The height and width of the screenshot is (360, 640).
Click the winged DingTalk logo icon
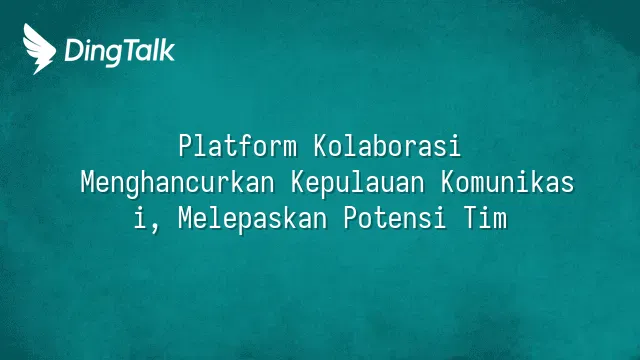[x=39, y=49]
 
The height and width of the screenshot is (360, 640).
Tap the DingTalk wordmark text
[x=120, y=52]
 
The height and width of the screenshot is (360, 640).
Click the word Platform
[x=238, y=146]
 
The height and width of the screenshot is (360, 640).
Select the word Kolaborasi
[x=387, y=146]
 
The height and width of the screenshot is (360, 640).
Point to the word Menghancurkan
[x=178, y=183]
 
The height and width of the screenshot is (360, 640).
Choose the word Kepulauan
[x=358, y=183]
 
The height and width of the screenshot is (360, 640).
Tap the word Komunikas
[x=507, y=182]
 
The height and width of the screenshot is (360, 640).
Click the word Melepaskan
[x=253, y=218]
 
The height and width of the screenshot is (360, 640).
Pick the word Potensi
[x=395, y=218]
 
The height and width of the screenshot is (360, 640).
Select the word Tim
[x=485, y=218]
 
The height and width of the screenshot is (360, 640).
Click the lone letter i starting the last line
[x=140, y=218]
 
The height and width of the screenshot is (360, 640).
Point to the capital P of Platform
[x=185, y=146]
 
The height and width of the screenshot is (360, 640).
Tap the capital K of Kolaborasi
[x=321, y=146]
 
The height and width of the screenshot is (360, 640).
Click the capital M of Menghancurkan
[x=87, y=182]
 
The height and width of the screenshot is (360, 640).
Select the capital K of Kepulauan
[x=298, y=182]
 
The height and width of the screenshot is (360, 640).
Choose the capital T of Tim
[x=470, y=218]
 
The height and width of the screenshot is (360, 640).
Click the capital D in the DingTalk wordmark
[x=73, y=50]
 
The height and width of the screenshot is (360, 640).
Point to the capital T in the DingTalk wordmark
[x=130, y=50]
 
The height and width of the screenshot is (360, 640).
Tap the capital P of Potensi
[x=351, y=218]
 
